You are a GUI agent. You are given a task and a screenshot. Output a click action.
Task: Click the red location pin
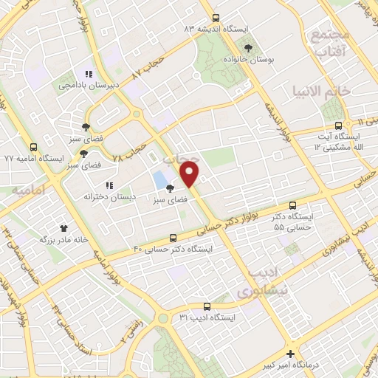(x=190, y=175)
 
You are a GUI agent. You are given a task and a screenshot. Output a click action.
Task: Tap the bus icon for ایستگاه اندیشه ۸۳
(x=215, y=18)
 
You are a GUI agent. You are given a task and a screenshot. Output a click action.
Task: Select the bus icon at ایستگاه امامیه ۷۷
(x=33, y=147)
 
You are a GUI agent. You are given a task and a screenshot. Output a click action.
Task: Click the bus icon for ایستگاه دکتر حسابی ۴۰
(x=173, y=238)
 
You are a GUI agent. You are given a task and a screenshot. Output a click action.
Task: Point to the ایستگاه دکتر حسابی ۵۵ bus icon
(x=294, y=205)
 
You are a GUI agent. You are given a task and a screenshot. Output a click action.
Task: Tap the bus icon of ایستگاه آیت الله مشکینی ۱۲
(x=339, y=126)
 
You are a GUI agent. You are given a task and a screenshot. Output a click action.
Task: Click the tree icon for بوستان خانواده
(x=250, y=48)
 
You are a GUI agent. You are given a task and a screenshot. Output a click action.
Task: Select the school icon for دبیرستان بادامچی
(x=89, y=74)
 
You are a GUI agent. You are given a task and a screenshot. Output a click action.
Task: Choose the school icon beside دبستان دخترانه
(x=109, y=185)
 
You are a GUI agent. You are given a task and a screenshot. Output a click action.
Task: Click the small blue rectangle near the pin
(x=160, y=179)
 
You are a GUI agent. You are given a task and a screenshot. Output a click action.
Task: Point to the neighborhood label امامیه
(x=29, y=190)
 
